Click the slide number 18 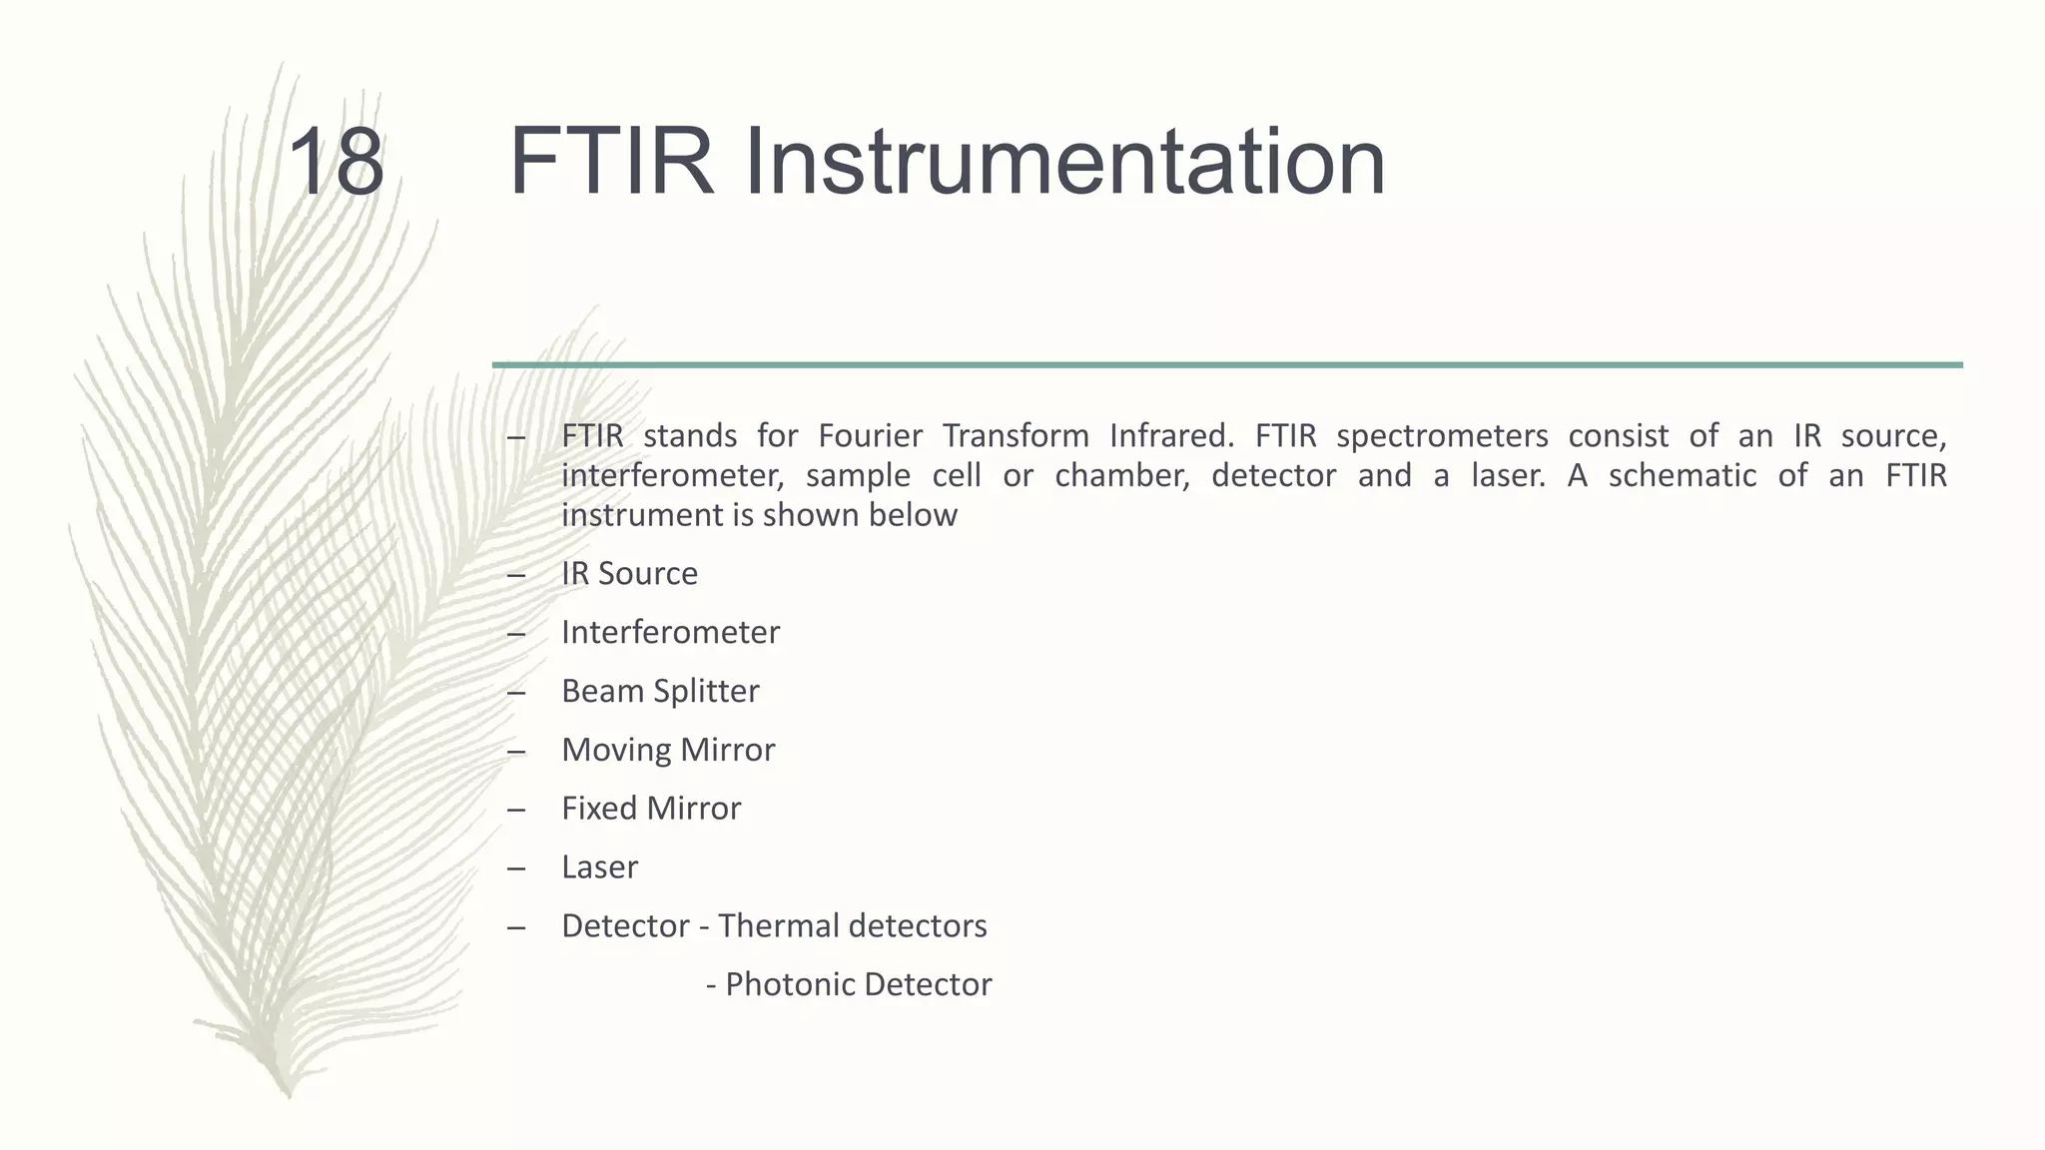click(x=336, y=162)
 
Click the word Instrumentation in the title click(x=1064, y=162)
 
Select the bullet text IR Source click(x=629, y=574)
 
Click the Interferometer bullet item click(x=670, y=633)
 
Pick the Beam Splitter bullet click(x=660, y=692)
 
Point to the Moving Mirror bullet click(x=668, y=751)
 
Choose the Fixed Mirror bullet click(x=651, y=809)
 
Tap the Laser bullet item click(x=599, y=867)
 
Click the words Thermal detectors click(x=852, y=926)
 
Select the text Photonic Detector click(x=858, y=985)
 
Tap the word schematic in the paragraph click(x=1682, y=476)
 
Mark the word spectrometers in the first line click(x=1442, y=437)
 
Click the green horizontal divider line click(x=1227, y=365)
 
